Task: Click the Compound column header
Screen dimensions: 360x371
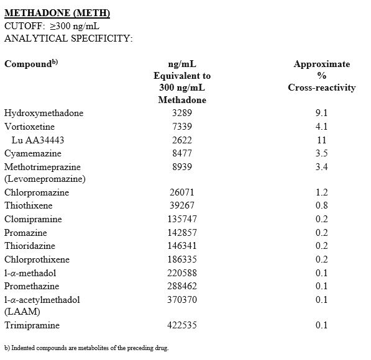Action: click(x=30, y=64)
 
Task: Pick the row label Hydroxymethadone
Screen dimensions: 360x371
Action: click(x=44, y=113)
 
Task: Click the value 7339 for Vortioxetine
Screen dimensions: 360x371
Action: click(x=182, y=127)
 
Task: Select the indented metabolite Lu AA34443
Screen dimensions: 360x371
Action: click(x=38, y=140)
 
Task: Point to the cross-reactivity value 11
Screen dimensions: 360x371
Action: click(x=321, y=140)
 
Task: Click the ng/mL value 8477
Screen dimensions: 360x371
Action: click(x=182, y=153)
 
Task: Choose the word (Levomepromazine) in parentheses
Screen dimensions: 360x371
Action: click(x=45, y=179)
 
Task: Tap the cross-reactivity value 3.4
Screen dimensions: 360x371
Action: click(x=321, y=166)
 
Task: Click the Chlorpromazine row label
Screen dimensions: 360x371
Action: click(x=37, y=192)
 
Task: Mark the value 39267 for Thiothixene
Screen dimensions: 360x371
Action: click(x=182, y=206)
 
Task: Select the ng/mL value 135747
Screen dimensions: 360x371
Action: click(x=182, y=219)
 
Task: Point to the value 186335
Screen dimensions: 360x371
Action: click(x=182, y=259)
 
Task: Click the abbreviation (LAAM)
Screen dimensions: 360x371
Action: click(x=22, y=311)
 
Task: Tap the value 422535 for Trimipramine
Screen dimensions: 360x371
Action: click(x=182, y=325)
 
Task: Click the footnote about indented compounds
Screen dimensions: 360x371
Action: click(x=86, y=348)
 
